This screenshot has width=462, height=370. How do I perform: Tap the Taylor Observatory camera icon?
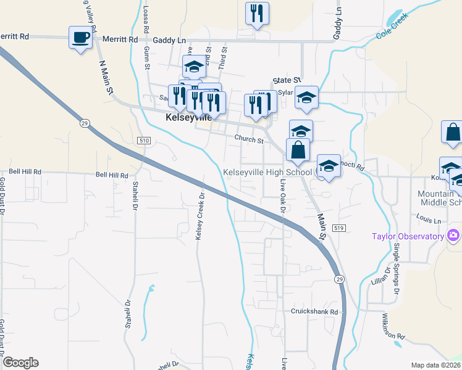(453, 236)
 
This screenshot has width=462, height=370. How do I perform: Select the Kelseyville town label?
(189, 117)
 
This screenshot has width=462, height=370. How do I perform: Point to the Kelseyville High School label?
(267, 172)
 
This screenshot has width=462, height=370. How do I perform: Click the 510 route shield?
(145, 141)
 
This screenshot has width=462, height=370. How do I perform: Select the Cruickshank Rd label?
(315, 312)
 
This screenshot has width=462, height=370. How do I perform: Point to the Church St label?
(248, 140)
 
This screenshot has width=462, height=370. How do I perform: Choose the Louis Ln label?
(429, 219)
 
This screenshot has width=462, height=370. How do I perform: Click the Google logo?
(20, 363)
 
